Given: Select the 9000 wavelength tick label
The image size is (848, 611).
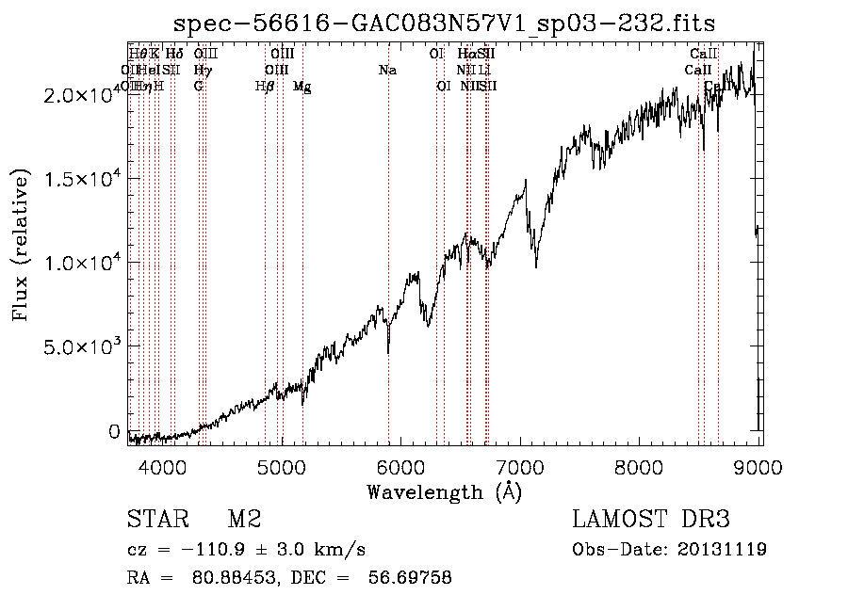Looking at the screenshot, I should (x=758, y=466).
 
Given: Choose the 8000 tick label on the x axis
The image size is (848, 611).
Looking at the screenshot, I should (x=640, y=466).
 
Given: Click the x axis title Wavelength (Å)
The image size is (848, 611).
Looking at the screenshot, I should (x=444, y=491).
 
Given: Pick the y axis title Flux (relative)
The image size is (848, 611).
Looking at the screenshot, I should (x=21, y=245).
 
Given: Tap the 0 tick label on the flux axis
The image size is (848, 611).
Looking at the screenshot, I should (x=115, y=431).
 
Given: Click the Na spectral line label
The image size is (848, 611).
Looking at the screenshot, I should (x=387, y=71).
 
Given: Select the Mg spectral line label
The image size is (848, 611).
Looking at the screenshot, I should (x=302, y=87).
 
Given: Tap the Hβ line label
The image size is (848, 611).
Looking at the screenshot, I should (x=265, y=87).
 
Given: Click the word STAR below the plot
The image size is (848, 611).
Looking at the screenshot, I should (x=155, y=519).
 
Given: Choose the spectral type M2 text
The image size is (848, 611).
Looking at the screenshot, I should (x=243, y=519).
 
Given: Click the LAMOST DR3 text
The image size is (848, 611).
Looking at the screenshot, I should (x=650, y=519).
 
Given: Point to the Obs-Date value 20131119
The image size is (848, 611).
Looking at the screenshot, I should (x=723, y=550).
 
